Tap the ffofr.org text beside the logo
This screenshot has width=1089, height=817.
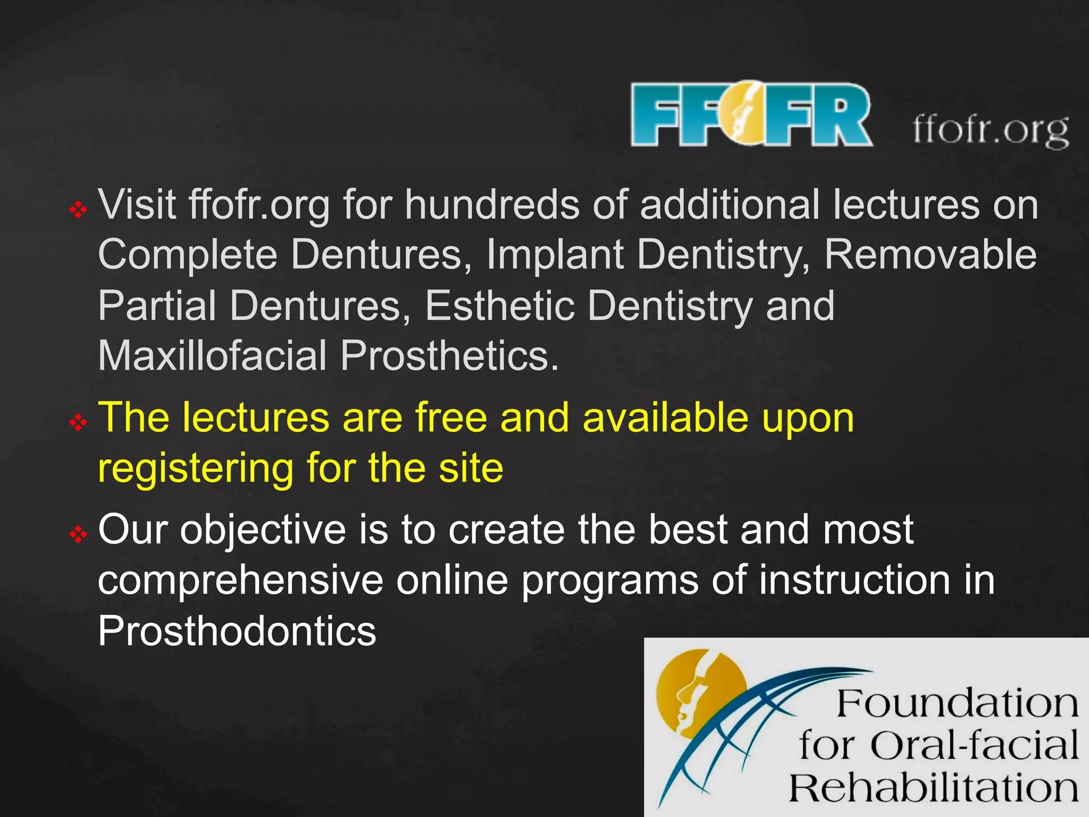pos(991,130)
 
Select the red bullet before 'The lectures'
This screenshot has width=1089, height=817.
pos(78,423)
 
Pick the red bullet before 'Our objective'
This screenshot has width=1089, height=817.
pos(78,534)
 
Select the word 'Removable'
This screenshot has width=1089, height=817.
pos(930,254)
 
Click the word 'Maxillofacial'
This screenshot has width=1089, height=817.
pos(212,355)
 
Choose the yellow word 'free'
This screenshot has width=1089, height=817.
pos(451,418)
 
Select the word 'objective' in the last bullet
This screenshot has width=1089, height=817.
pos(263,531)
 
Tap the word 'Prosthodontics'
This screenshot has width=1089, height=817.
pos(237,631)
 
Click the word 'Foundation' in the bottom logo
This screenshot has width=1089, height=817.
pos(957,704)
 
